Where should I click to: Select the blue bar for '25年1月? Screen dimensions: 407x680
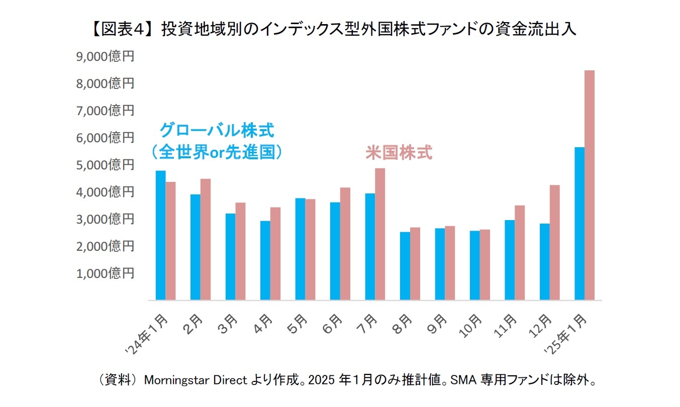pos(579,224)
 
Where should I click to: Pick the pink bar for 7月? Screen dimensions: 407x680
pos(380,234)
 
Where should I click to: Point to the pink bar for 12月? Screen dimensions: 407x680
pos(554,242)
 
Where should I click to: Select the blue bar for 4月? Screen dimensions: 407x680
pos(265,260)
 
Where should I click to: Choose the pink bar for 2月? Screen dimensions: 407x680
pos(205,239)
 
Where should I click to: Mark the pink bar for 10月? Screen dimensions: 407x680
pos(484,265)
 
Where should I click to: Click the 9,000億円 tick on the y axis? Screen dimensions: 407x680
pos(105,56)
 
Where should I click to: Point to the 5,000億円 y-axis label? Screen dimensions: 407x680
pos(105,165)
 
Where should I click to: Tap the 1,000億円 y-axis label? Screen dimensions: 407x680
pos(105,273)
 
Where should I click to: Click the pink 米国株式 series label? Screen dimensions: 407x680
pos(399,153)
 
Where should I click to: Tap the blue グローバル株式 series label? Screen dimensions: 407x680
pos(217,132)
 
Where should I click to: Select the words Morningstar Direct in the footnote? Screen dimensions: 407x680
pos(196,380)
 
